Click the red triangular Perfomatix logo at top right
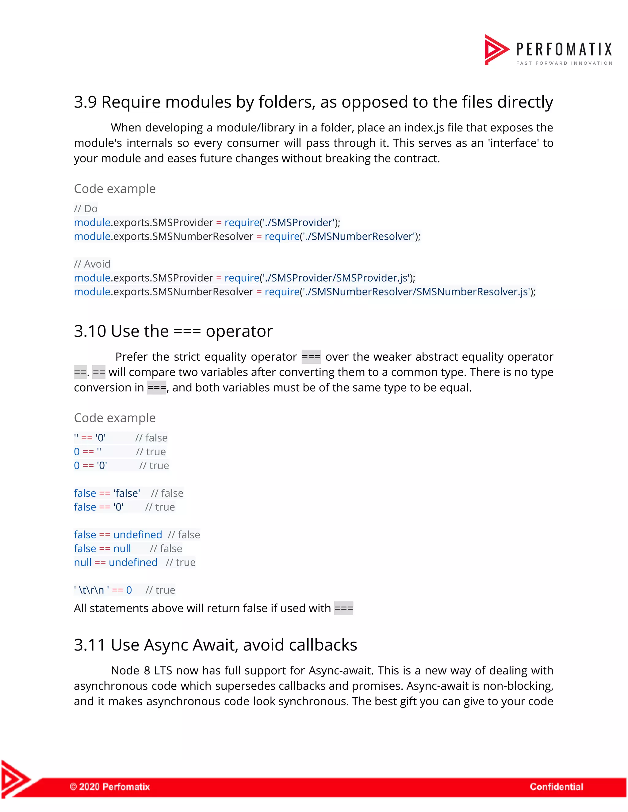[496, 49]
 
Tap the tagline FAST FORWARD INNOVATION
[564, 63]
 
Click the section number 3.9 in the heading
[85, 102]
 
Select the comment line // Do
[86, 209]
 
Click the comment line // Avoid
[92, 264]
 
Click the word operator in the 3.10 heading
[239, 331]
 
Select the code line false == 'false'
[107, 493]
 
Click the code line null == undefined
[116, 563]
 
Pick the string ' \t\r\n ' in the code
[91, 590]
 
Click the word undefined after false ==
[138, 535]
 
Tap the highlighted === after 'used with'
[343, 608]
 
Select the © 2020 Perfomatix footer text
[110, 787]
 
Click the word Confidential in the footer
[556, 787]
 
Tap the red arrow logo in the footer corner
[15, 779]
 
